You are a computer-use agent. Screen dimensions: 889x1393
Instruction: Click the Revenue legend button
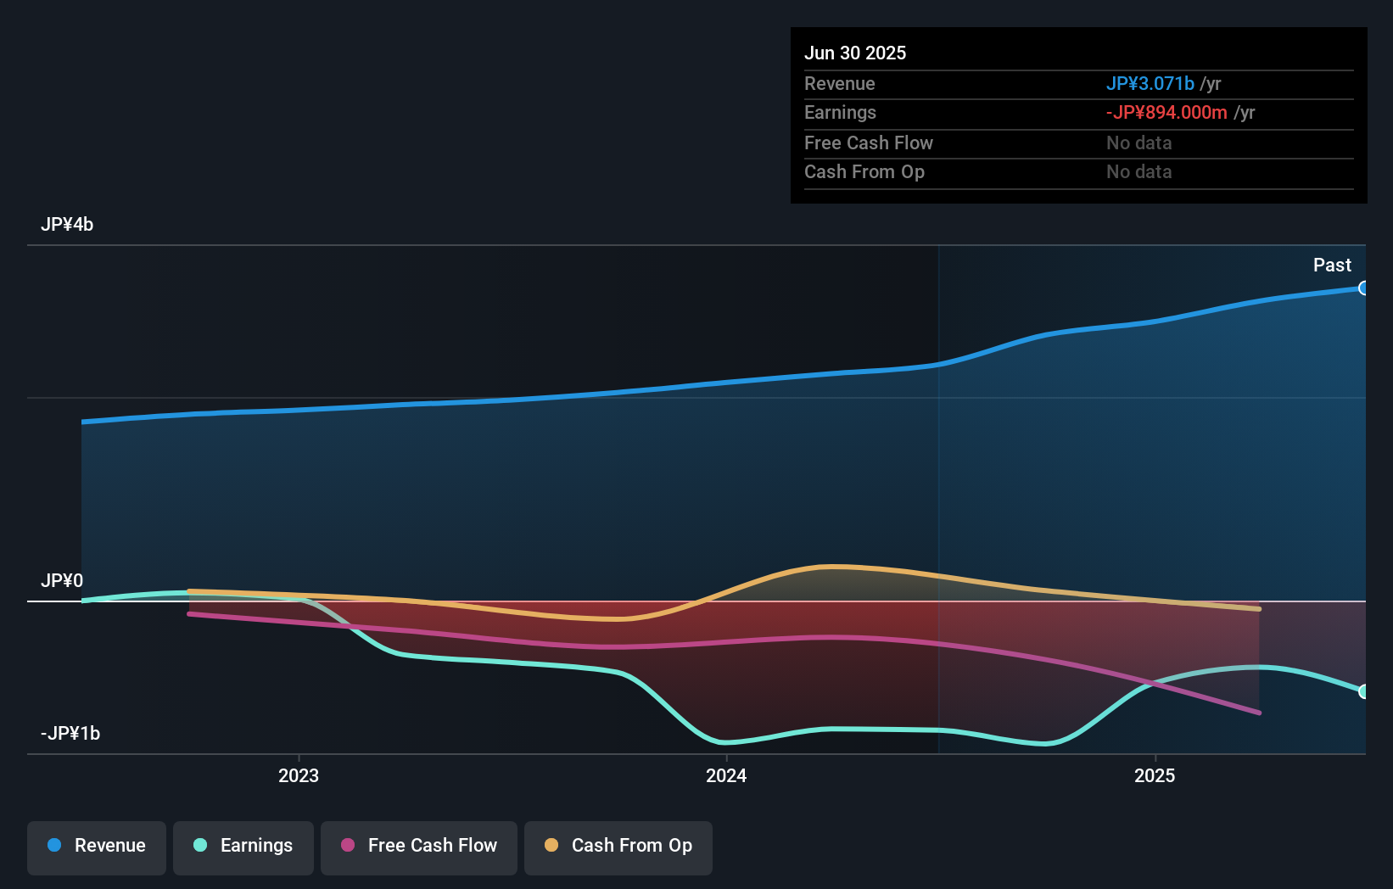(x=97, y=847)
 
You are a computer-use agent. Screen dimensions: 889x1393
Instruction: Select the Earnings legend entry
(x=243, y=847)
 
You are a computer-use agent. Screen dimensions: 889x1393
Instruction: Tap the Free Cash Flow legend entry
(x=419, y=847)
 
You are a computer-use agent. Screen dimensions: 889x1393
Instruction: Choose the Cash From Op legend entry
(x=618, y=847)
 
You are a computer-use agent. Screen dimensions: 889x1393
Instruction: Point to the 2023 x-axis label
(x=299, y=775)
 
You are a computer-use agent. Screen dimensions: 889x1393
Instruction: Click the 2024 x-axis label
(x=726, y=775)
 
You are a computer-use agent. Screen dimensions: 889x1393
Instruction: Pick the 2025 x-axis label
(x=1155, y=775)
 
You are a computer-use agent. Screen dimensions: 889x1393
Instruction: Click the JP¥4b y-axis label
(x=67, y=225)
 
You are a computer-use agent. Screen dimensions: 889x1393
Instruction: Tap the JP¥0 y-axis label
(x=62, y=581)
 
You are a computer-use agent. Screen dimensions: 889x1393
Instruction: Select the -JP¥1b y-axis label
(x=70, y=734)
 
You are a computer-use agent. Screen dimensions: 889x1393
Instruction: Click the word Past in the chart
(x=1332, y=266)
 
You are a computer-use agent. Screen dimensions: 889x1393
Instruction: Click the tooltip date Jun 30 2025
(x=855, y=53)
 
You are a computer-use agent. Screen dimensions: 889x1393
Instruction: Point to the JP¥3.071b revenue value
(x=1150, y=84)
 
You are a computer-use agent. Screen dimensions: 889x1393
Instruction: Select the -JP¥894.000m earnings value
(x=1166, y=113)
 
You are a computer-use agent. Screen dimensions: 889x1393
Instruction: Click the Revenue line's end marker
(x=1363, y=288)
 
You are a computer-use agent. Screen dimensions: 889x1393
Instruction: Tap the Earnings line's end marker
(x=1363, y=691)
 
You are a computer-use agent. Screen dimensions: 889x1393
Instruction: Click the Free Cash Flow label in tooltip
(x=868, y=143)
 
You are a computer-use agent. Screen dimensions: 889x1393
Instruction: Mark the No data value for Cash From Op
(x=1138, y=172)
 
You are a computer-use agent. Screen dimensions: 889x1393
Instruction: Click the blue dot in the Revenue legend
(x=54, y=846)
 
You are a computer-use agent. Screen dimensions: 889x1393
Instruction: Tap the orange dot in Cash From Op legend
(x=551, y=846)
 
